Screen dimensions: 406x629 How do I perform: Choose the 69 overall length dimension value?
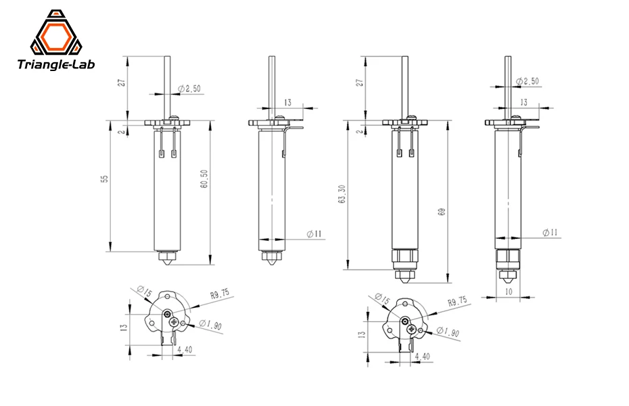coord(442,212)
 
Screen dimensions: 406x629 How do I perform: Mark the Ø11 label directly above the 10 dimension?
coord(550,233)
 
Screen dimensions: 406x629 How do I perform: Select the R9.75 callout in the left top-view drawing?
coord(220,294)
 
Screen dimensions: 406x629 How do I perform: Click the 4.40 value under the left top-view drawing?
coord(184,350)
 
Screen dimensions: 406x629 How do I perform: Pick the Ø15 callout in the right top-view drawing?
coord(381,299)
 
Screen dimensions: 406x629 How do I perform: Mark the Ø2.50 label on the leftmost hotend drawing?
coord(188,89)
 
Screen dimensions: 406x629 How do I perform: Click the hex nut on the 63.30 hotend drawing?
coord(404,256)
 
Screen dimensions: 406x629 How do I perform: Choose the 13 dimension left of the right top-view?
coord(361,334)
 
